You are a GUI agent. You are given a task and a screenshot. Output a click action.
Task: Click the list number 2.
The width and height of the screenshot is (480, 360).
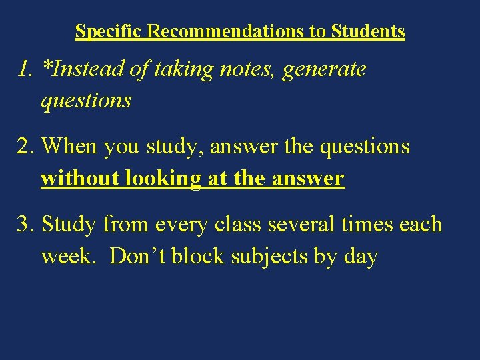[26, 147]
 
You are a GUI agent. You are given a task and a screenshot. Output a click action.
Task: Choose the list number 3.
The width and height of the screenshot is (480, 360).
[26, 224]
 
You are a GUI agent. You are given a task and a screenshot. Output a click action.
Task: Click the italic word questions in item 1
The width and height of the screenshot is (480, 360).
[86, 101]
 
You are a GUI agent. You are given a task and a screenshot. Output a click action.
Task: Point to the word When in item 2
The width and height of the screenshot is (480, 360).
[71, 147]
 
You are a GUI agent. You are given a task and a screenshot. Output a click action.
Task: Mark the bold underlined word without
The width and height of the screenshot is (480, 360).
[75, 179]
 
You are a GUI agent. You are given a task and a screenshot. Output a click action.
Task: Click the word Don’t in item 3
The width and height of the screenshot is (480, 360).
[137, 256]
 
